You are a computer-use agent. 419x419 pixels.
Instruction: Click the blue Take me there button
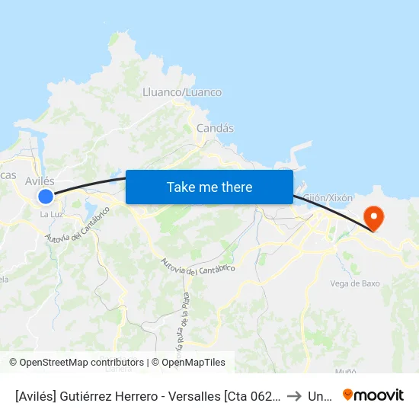[209, 187]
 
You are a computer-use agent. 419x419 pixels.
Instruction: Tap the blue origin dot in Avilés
[46, 197]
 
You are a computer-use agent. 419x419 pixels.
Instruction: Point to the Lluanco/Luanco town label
[182, 92]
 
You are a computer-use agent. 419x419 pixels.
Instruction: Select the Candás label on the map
[215, 128]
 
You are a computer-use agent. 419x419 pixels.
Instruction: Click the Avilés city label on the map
[40, 181]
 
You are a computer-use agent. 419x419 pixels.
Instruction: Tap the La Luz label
[51, 214]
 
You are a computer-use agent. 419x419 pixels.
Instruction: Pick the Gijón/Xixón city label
[328, 197]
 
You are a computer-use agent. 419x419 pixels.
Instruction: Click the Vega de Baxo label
[355, 283]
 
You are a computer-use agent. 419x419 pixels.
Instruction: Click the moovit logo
[373, 395]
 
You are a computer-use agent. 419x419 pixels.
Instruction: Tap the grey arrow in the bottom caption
[293, 395]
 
